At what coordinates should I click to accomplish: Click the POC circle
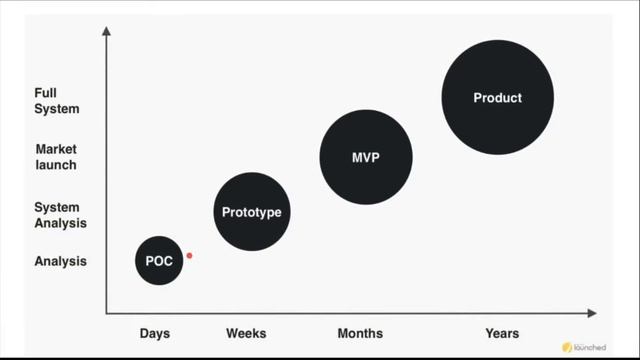coord(158,261)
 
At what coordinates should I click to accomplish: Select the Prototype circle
coord(252,212)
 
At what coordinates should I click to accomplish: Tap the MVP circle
coord(366,158)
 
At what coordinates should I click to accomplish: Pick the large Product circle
coord(498,98)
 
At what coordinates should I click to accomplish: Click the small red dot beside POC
coord(189,256)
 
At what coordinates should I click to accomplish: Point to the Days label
coord(155,333)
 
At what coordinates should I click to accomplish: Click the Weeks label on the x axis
coord(246,333)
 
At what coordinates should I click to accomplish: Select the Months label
coord(361,333)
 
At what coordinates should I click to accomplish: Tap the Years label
coord(502,333)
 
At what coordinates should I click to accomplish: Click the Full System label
coord(56,101)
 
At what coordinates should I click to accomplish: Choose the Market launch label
coord(56,157)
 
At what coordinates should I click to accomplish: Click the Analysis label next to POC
coord(61,261)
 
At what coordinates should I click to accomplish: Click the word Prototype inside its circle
coord(252,212)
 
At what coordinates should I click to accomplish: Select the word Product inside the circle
coord(498,98)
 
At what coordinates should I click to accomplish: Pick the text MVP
coord(366,158)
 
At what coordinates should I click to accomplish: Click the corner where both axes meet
coord(107,312)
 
